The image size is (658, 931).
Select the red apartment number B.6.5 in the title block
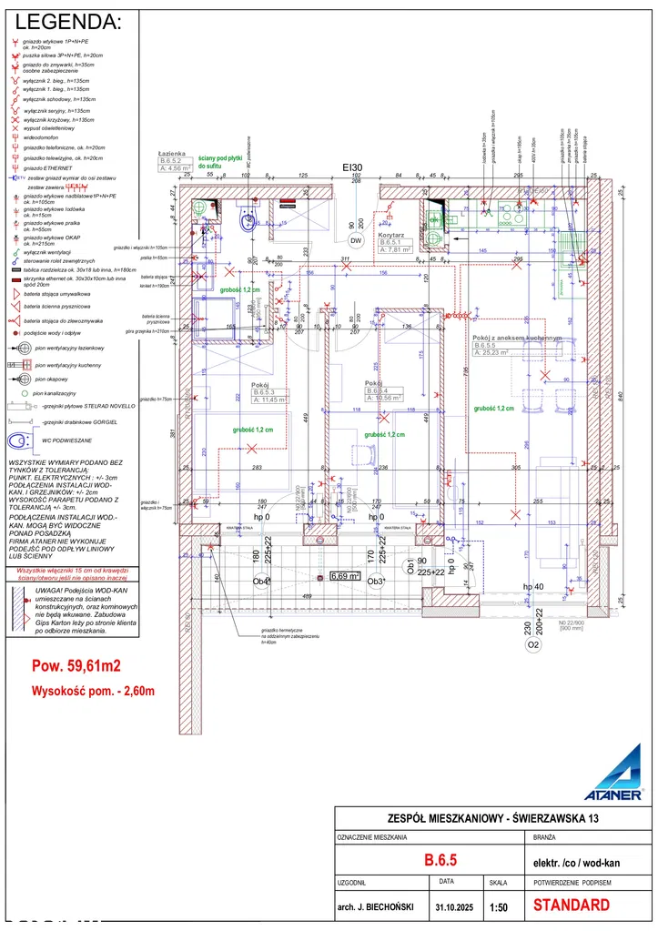pos(440,859)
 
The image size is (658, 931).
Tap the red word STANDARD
pos(571,906)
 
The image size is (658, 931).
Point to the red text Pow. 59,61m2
pos(76,664)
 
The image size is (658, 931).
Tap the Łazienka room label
pos(172,154)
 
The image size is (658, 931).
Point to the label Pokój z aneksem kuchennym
pos(518,338)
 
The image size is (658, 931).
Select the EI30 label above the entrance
pos(352,167)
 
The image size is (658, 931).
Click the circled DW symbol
pos(355,239)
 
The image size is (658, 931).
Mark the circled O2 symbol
pos(533,646)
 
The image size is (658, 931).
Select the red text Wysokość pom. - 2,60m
pos(93,691)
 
